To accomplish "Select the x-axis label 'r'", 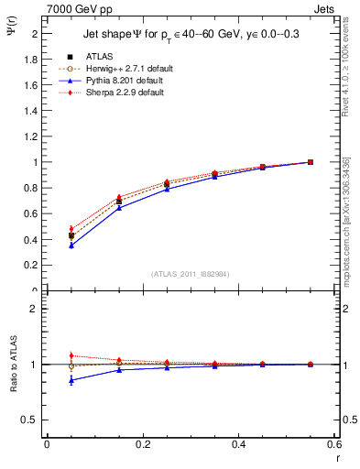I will (336, 457).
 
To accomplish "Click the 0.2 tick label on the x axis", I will (143, 444).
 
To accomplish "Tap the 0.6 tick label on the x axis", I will (335, 444).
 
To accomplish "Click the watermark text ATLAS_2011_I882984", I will (190, 274).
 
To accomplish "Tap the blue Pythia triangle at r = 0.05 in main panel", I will (71, 245).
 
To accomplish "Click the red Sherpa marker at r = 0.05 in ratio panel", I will (71, 355).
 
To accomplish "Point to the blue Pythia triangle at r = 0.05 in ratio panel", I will (71, 379).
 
